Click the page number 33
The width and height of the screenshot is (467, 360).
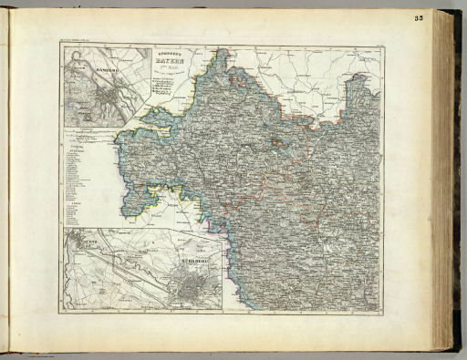418,18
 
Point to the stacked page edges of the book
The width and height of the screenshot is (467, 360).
442,182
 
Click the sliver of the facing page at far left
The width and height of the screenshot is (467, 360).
4,182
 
